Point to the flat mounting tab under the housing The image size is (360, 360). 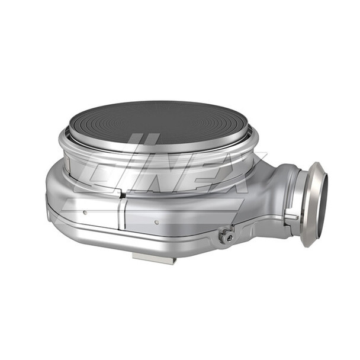point(152,258)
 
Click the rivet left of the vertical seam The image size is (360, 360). point(85,212)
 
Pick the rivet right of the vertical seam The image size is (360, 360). point(156,223)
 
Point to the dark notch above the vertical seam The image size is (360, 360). point(121,194)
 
